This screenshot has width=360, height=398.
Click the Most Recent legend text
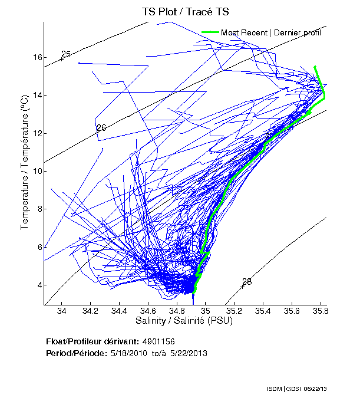(271, 32)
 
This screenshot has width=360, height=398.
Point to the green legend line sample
(210, 32)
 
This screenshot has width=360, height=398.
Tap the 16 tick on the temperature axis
(37, 58)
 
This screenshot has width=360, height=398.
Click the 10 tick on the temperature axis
(37, 172)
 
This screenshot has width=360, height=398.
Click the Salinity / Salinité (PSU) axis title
(183, 321)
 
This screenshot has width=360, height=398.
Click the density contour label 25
(66, 54)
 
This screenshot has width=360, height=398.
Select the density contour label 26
(101, 127)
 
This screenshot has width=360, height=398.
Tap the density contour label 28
(247, 282)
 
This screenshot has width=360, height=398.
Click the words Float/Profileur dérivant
(92, 341)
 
